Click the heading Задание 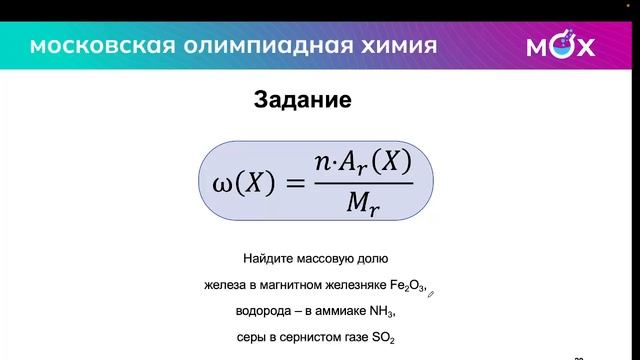[x=302, y=101]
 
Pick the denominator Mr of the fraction [x=361, y=206]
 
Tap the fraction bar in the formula [x=361, y=183]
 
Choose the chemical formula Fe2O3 [x=404, y=287]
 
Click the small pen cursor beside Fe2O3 [x=433, y=293]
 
